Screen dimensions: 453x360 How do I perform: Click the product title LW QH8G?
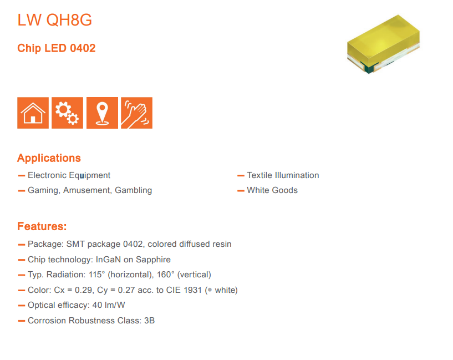[x=54, y=20]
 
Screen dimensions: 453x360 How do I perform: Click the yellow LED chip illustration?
[x=383, y=44]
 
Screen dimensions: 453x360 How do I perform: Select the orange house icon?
[x=33, y=113]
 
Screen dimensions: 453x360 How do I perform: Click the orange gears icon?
[x=67, y=113]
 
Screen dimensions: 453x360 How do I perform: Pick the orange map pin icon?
[x=102, y=113]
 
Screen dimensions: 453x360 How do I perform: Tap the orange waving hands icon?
[x=136, y=113]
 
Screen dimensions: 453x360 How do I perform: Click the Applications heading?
[x=49, y=158]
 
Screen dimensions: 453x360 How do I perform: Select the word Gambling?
[x=133, y=190]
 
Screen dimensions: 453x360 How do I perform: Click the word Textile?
[x=259, y=175]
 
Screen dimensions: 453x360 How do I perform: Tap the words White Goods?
[x=272, y=190]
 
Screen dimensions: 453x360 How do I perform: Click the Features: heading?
[x=42, y=226]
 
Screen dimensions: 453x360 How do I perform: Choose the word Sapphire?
[x=153, y=260]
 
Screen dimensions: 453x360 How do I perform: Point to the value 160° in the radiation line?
[x=166, y=275]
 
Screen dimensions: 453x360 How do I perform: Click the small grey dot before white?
[x=210, y=290]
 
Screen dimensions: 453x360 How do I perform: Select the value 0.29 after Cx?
[x=84, y=290]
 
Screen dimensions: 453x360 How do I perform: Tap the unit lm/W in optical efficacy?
[x=115, y=305]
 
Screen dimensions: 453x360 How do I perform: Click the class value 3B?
[x=149, y=321]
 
